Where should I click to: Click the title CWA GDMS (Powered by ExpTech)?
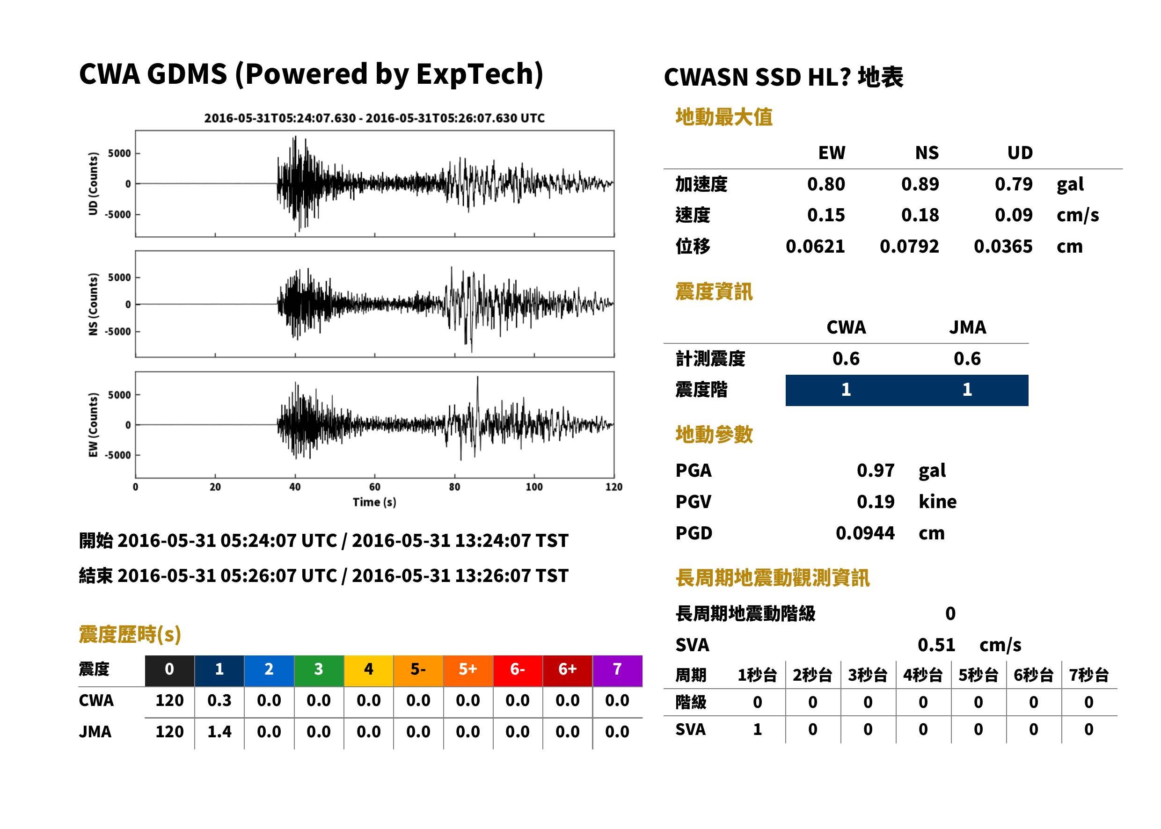click(311, 74)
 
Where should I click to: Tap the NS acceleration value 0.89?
click(920, 184)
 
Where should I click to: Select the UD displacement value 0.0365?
click(1003, 246)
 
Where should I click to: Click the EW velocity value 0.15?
click(825, 215)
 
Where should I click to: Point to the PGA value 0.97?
click(875, 470)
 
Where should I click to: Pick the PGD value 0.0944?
click(865, 533)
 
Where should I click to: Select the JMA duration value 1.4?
click(219, 732)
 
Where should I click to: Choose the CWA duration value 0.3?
click(219, 700)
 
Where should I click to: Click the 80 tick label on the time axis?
click(454, 487)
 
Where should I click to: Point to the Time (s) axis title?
click(374, 502)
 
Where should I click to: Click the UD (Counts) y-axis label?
click(93, 184)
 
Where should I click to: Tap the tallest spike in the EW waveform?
click(477, 378)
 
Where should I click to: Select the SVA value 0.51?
click(936, 645)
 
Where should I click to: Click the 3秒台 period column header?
click(868, 675)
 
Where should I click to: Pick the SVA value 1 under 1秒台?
click(757, 729)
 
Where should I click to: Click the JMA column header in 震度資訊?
click(968, 327)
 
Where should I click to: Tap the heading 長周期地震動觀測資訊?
click(772, 578)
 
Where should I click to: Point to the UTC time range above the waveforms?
click(374, 118)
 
